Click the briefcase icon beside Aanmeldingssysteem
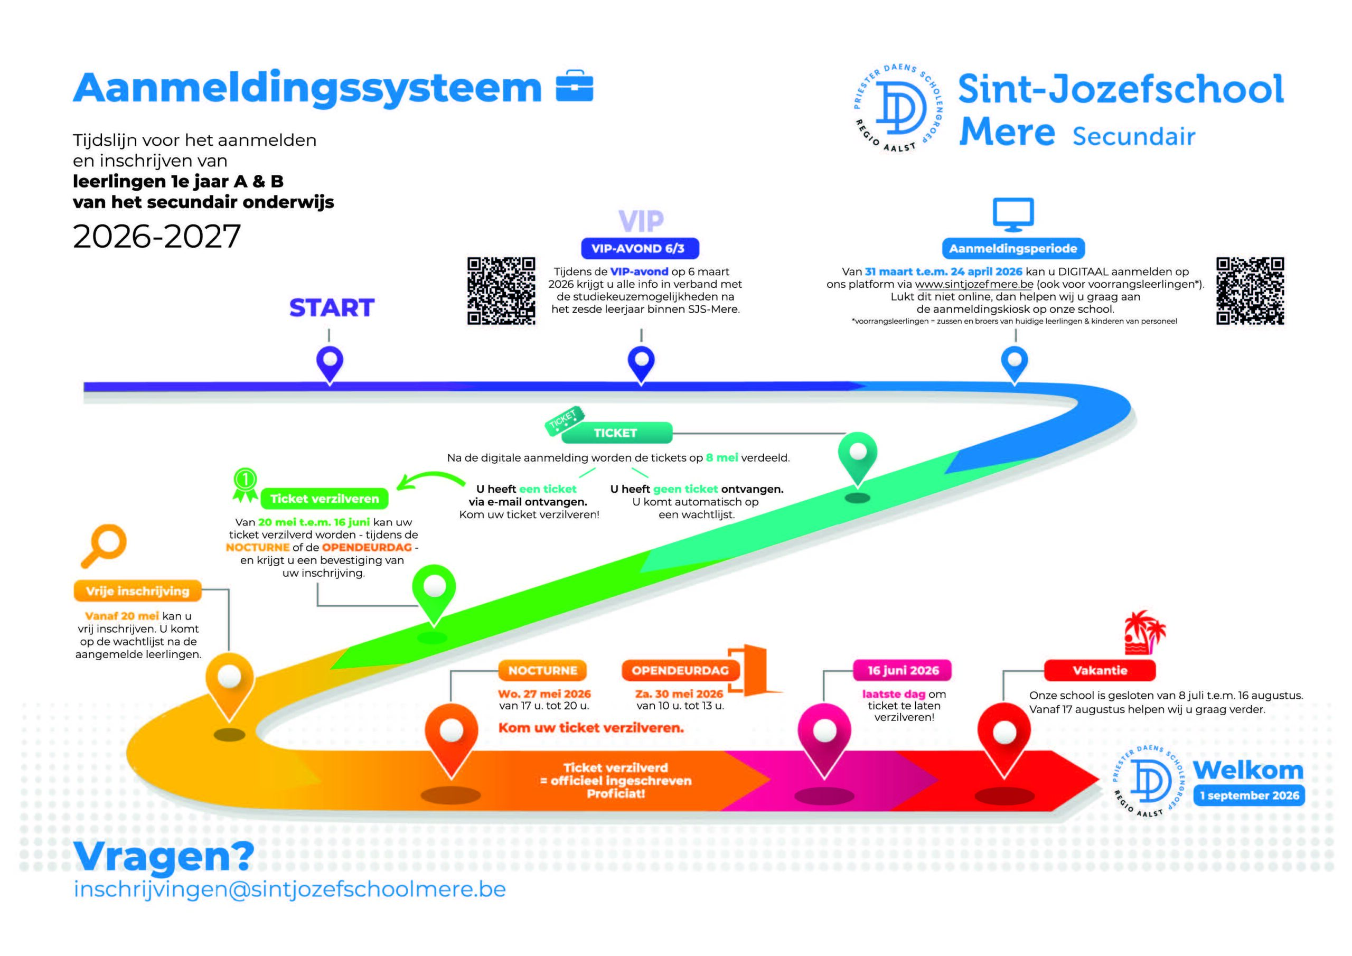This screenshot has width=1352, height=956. (575, 86)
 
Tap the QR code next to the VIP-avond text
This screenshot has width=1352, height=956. (501, 291)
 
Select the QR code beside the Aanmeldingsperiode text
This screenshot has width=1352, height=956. (1250, 291)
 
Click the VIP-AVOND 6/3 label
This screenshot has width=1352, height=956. (640, 249)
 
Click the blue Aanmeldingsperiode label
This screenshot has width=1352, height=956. (1013, 249)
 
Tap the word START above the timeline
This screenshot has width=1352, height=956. (332, 308)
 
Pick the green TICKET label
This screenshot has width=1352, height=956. (616, 433)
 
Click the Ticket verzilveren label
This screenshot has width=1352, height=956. (324, 499)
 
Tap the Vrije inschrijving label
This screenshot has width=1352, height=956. (138, 591)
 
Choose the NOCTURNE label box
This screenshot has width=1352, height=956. (543, 670)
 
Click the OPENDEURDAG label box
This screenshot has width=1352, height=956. (680, 670)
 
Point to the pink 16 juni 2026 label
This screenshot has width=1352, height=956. (903, 670)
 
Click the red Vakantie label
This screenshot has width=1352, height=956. (1100, 670)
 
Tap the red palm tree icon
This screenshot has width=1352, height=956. (1145, 633)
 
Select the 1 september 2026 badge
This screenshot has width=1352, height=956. (1250, 796)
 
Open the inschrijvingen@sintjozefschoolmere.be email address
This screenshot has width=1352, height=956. (290, 889)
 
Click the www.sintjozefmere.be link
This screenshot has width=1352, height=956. (974, 285)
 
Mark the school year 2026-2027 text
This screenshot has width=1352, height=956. (157, 236)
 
